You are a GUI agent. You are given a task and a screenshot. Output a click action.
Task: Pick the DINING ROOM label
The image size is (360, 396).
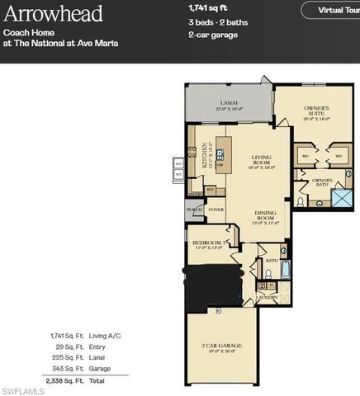265,217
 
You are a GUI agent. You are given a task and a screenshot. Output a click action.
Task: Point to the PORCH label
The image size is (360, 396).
195,210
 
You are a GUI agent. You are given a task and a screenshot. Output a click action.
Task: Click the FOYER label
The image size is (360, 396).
216,210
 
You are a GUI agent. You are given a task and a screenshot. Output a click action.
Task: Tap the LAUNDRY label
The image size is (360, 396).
267,296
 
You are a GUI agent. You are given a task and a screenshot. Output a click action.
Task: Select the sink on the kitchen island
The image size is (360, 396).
220,152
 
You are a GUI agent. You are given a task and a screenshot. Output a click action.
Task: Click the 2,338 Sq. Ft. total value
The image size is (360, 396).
65,382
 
